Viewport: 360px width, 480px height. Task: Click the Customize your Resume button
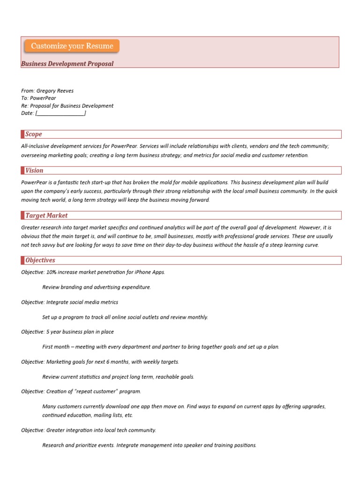72,46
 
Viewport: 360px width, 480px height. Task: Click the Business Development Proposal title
67,63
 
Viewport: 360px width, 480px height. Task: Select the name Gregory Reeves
58,91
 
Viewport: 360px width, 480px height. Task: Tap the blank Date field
60,113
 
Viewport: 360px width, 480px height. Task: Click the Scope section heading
34,134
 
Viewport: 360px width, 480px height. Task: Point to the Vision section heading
34,171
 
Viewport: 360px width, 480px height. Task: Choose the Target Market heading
46,216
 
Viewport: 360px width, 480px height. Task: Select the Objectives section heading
40,260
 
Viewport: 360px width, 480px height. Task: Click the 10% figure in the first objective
52,272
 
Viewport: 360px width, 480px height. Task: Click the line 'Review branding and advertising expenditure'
97,287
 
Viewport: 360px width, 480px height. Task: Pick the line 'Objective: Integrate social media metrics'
69,302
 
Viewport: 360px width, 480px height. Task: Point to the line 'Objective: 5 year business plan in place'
67,332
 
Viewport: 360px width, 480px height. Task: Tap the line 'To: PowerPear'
38,98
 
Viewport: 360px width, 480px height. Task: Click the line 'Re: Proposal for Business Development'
67,106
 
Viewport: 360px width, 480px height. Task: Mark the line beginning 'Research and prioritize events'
149,445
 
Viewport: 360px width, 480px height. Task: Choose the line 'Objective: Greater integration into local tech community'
89,430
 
